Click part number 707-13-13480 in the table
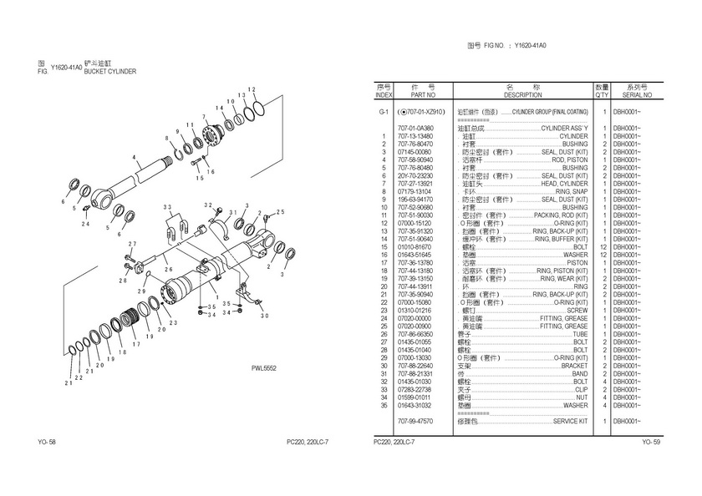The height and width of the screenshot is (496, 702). [x=415, y=136]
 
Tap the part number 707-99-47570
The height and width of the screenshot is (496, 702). [x=415, y=421]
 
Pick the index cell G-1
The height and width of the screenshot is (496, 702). [x=384, y=111]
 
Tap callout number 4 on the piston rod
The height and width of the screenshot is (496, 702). [x=134, y=157]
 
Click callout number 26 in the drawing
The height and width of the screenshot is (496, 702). [x=168, y=269]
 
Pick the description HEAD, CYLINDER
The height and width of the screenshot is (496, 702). [x=565, y=182]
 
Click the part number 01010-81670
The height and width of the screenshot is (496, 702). [x=415, y=246]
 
